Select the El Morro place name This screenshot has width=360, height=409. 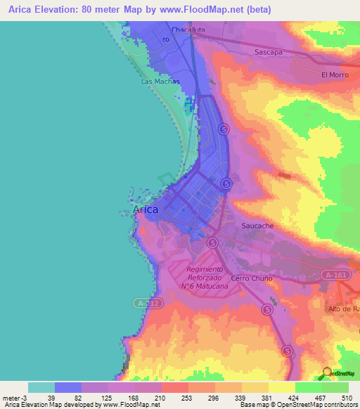point(334,74)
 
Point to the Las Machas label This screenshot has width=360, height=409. point(160,82)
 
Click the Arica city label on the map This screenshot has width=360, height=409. point(146,209)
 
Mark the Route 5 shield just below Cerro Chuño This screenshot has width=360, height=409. point(266,309)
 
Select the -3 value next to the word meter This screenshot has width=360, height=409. point(22,398)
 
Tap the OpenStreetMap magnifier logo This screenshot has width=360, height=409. point(326,372)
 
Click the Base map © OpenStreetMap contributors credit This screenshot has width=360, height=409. point(297,405)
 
